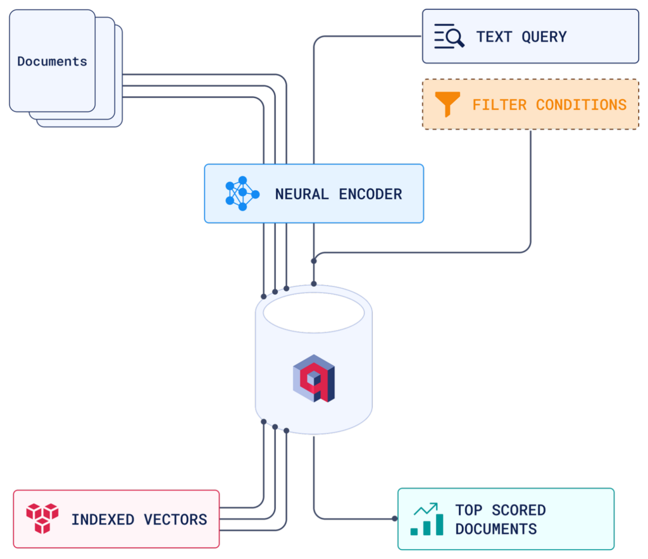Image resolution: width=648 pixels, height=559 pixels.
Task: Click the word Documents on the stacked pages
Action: coord(52,61)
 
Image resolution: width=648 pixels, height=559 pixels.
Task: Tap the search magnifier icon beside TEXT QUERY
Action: coord(449,37)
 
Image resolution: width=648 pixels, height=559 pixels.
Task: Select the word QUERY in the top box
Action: coord(544,37)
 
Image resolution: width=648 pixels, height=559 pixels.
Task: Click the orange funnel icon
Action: coord(447,104)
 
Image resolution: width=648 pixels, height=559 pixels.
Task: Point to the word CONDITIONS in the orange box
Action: coord(581,104)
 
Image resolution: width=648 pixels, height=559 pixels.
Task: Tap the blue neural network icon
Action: coord(242,193)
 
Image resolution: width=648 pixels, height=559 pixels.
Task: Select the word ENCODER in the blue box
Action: coord(370,194)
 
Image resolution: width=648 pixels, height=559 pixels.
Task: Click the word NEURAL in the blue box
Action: coord(301,194)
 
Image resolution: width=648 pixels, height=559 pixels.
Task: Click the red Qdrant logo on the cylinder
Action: coord(313,379)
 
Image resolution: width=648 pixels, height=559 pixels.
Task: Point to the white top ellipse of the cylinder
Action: coord(313,312)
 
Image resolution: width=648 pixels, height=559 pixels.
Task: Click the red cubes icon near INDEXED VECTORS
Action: coord(42,519)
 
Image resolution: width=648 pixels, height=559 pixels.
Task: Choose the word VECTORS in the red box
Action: coord(175,520)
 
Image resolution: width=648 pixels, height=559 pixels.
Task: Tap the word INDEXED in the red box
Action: coord(103,520)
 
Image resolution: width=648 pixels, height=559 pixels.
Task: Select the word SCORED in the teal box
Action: coord(518,510)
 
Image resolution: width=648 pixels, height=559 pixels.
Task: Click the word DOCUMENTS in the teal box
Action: coord(495,529)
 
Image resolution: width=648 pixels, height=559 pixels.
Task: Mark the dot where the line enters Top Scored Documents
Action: coord(394,519)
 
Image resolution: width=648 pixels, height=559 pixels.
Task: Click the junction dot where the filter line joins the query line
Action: coord(314,261)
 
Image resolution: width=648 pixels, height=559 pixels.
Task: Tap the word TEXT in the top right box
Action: coord(494,37)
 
